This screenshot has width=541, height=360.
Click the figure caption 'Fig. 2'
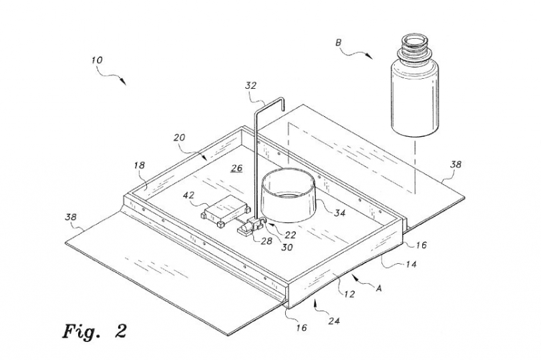click(x=94, y=330)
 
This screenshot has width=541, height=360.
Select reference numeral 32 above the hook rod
click(x=250, y=85)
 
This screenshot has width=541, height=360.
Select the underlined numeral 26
click(x=235, y=168)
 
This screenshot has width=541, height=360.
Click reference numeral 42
click(x=190, y=196)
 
